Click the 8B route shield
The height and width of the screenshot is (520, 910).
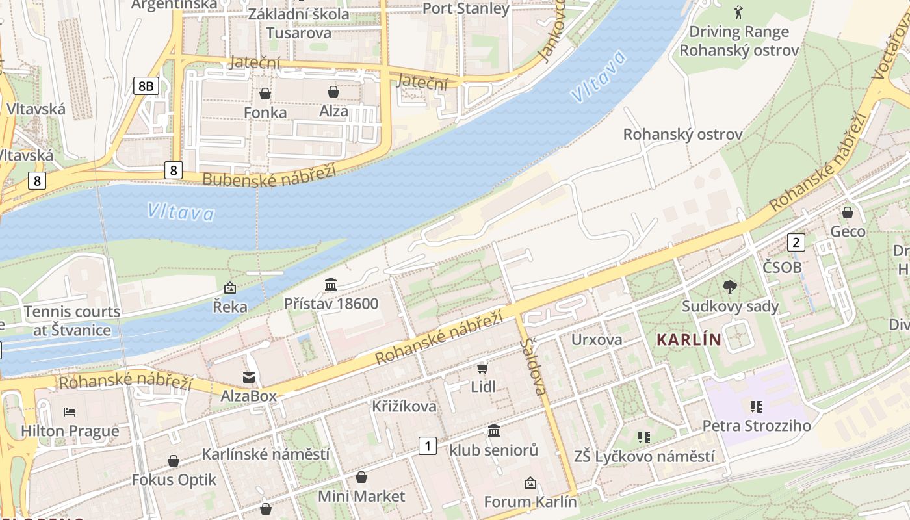point(146,85)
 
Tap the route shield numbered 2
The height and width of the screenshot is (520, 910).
point(796,242)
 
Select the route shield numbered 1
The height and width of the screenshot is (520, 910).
point(427,446)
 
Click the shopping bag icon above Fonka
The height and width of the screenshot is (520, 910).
point(265,94)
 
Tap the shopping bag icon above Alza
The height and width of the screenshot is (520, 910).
point(333,92)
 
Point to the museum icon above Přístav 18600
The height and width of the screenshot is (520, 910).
point(331,285)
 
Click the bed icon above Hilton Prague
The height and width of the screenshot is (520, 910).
point(70,411)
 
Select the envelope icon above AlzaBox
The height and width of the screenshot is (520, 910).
point(249,377)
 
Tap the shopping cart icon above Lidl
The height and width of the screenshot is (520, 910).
point(482,369)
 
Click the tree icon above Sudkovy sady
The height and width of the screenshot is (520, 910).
point(730,287)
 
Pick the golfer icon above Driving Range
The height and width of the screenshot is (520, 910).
point(738,12)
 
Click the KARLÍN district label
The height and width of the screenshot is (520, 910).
point(689,339)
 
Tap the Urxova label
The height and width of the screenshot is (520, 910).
point(596,339)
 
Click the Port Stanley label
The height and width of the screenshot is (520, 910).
point(466,8)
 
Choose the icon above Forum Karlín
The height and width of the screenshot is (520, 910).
point(530,482)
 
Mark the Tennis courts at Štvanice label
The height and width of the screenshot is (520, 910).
point(72,320)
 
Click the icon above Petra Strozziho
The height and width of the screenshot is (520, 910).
point(756,407)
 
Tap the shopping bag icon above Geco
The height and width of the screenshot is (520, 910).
point(848,213)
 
